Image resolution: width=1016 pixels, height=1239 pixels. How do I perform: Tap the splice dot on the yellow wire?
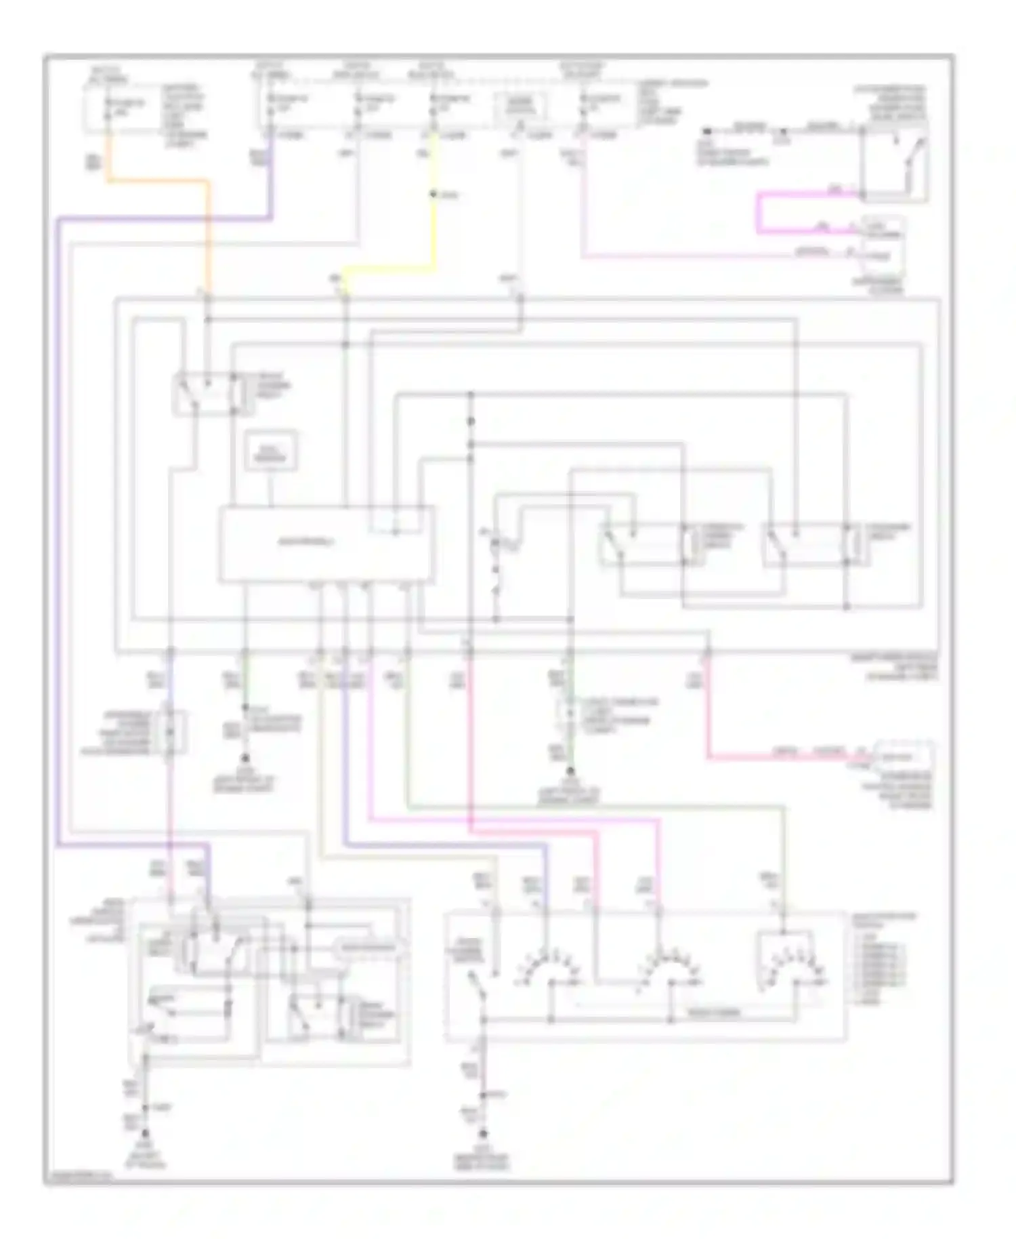(433, 195)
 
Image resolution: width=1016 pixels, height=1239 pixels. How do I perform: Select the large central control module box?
(325, 544)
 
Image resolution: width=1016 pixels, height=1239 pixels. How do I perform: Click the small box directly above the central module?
(272, 450)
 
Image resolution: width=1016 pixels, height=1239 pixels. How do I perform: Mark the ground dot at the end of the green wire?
(245, 758)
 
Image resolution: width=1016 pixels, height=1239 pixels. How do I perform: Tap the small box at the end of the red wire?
(904, 757)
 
